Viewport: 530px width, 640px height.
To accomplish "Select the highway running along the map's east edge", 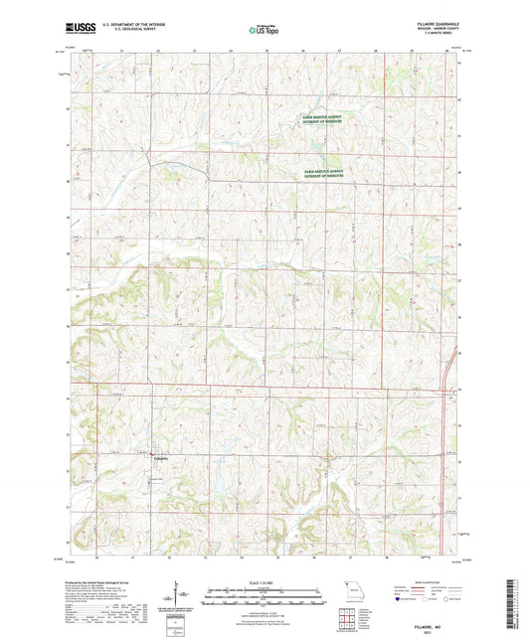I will (x=454, y=363).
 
